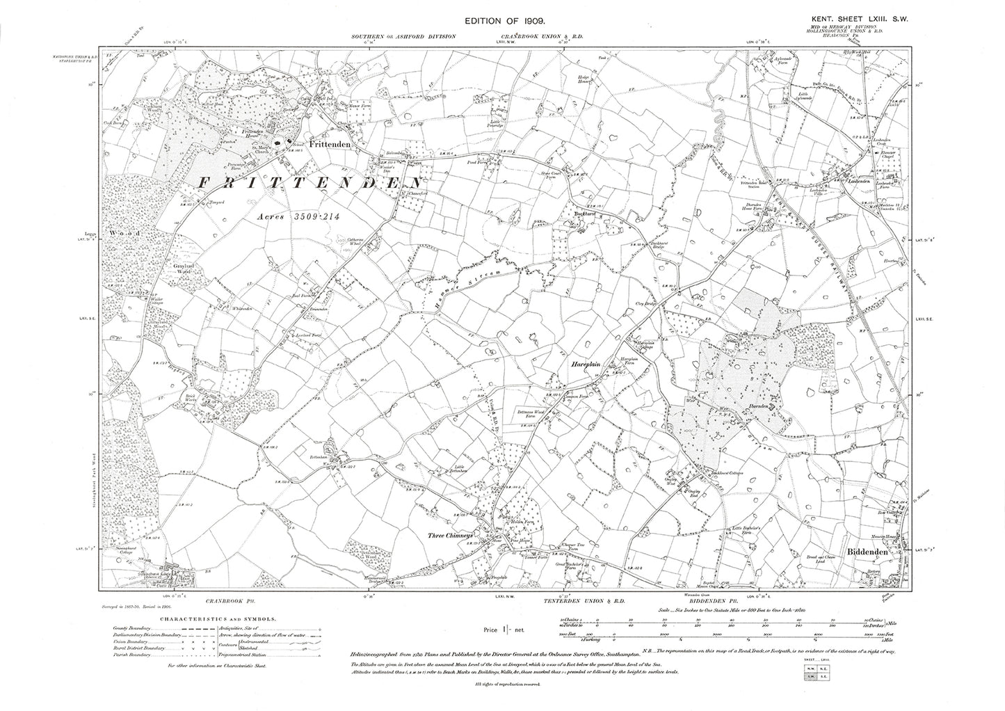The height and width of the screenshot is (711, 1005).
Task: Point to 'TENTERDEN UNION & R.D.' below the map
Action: pos(590,600)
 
